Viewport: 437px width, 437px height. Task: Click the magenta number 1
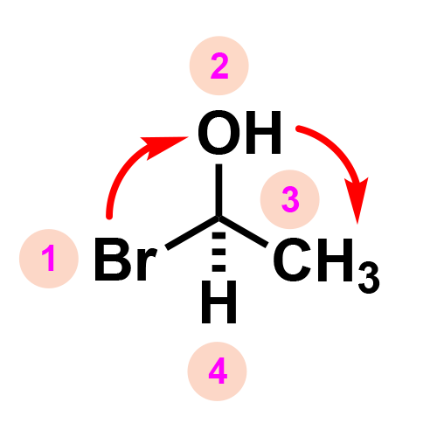tap(49, 258)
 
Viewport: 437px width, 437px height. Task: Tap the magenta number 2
tap(219, 66)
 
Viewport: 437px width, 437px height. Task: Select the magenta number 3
tap(290, 199)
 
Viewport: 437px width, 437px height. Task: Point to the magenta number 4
tap(218, 371)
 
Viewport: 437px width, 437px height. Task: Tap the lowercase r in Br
tap(147, 265)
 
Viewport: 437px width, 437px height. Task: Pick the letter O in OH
tap(219, 132)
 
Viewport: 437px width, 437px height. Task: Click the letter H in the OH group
tap(263, 132)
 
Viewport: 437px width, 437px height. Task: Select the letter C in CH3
tap(292, 260)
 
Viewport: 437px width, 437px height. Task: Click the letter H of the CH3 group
tap(335, 260)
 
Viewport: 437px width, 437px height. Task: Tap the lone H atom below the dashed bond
tap(218, 302)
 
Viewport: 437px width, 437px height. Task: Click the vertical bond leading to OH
tap(218, 190)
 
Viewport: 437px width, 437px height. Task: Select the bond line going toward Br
tap(192, 232)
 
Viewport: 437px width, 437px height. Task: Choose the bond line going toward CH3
tap(243, 232)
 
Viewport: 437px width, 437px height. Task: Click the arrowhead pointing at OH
tap(164, 147)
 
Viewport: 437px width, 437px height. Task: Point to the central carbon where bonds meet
tap(218, 218)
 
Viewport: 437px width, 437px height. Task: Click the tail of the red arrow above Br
tap(109, 216)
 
